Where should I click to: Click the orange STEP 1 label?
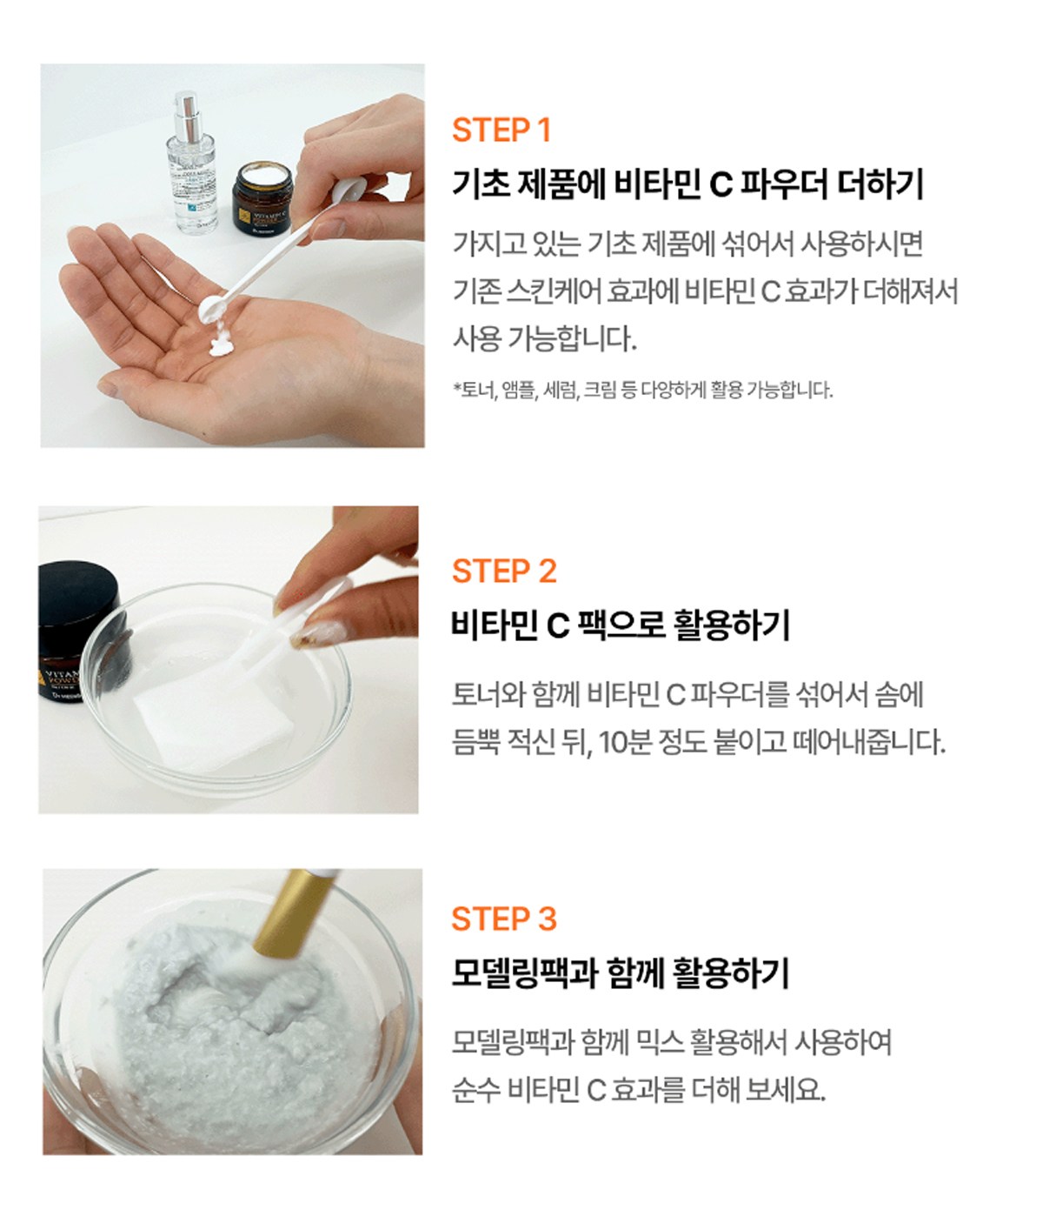pos(502,130)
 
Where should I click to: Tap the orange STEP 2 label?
pos(504,571)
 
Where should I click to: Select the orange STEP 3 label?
pos(504,919)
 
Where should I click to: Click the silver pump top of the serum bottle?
pos(188,117)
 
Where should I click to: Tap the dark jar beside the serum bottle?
pos(262,198)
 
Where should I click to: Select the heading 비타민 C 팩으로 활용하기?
pos(621,625)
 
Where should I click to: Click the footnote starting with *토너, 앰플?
pos(642,390)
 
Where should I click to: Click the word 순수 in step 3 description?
pos(475,1090)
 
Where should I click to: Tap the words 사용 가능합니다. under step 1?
pos(544,339)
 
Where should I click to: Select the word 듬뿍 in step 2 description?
pos(475,743)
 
